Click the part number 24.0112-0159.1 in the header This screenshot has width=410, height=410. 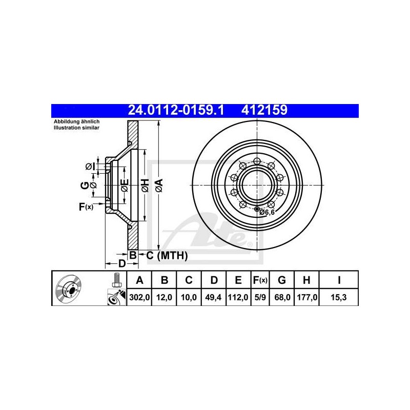[176, 110]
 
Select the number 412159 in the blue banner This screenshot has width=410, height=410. [264, 110]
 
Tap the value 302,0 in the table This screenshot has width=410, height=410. [139, 297]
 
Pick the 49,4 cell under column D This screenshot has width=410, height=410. [213, 297]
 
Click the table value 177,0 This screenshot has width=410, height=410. [306, 297]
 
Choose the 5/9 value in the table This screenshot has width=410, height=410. [260, 297]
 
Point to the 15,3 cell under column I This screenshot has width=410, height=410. [339, 297]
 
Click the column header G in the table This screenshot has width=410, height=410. [282, 280]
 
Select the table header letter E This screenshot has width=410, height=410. [238, 280]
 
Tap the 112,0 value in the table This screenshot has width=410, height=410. [238, 297]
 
